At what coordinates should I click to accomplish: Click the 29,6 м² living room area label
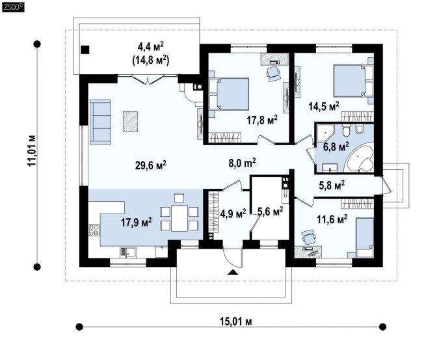click(x=151, y=165)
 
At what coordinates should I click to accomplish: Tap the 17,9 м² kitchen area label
click(x=137, y=222)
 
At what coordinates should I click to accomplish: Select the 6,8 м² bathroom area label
click(x=336, y=147)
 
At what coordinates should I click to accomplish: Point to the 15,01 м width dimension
click(x=235, y=322)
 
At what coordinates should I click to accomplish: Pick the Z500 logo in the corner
click(x=13, y=7)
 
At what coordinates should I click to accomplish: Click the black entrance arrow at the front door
click(x=233, y=272)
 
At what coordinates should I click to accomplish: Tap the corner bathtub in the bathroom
click(x=359, y=158)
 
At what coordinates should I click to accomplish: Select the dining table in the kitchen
click(x=180, y=218)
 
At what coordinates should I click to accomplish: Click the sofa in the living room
click(x=100, y=122)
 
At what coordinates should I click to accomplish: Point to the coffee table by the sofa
click(x=131, y=122)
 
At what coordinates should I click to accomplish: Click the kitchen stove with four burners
click(x=94, y=230)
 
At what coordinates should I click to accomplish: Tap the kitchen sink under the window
click(x=127, y=253)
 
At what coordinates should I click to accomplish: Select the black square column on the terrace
click(x=85, y=49)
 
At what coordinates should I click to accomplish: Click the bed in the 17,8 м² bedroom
click(x=229, y=94)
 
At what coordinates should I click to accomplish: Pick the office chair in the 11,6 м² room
click(x=308, y=236)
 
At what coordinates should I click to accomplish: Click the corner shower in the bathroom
click(x=325, y=133)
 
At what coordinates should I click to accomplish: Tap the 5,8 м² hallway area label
click(x=332, y=186)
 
